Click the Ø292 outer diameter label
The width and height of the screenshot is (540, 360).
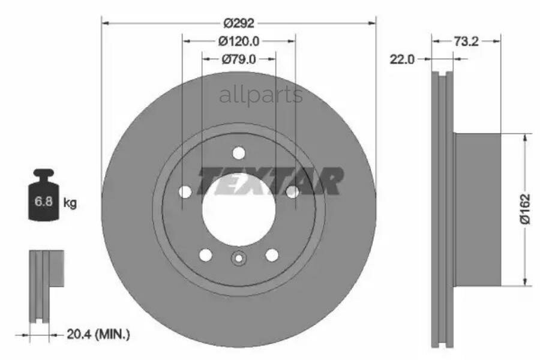pos(239,23)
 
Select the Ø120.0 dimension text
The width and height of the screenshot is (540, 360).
pos(239,41)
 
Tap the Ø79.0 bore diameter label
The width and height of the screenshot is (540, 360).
pos(239,59)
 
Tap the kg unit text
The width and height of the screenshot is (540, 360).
pos(70,203)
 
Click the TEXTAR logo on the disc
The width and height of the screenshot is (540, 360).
pos(271,181)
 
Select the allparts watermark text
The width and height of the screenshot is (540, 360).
pos(261,95)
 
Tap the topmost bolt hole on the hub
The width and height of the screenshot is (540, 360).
pos(239,152)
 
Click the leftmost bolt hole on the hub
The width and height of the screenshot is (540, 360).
pos(185,191)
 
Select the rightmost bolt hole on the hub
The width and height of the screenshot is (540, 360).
pos(292,191)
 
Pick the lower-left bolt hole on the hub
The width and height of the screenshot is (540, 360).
pos(206,255)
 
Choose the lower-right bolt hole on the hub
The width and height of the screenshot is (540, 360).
pos(272,255)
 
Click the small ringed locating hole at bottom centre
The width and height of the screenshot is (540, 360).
pos(239,259)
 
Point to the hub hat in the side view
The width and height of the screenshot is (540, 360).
pos(478,209)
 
